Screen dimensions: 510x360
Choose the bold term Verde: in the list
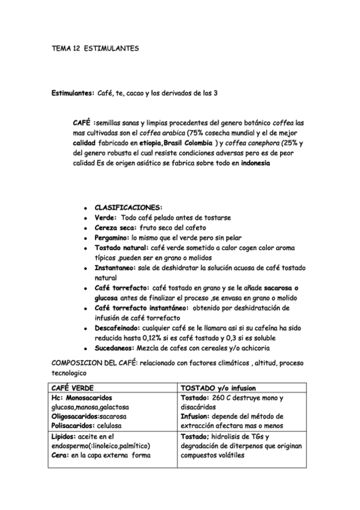[106, 218]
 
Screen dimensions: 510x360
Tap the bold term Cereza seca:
[115, 228]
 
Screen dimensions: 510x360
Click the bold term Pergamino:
[112, 238]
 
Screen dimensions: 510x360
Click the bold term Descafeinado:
[117, 328]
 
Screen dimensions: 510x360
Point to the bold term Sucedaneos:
[114, 348]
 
